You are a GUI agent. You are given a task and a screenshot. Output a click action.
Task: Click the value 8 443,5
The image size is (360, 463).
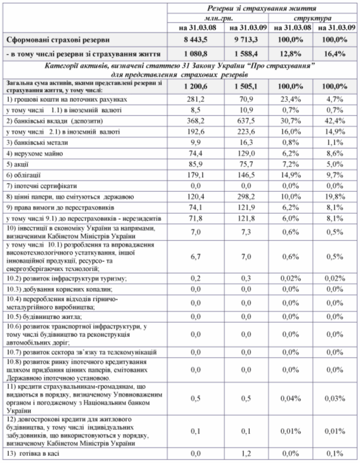(195, 40)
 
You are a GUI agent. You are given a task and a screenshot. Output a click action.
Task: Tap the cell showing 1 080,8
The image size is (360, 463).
(195, 53)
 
